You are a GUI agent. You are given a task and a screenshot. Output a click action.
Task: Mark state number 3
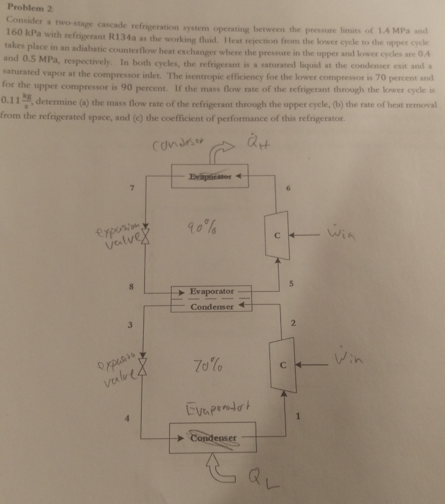tap(129, 324)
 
